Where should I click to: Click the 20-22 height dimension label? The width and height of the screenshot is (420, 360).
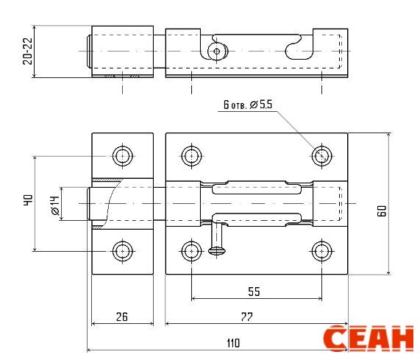(x=28, y=52)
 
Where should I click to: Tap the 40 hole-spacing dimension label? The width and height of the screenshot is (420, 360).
(x=28, y=200)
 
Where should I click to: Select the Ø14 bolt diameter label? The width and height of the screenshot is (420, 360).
(x=55, y=205)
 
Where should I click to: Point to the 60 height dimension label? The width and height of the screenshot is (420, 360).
(x=382, y=211)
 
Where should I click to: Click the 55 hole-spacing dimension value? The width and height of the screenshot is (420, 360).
(x=254, y=292)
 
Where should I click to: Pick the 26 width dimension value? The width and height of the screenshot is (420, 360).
(x=122, y=317)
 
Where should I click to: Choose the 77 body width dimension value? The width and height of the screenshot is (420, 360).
(x=246, y=317)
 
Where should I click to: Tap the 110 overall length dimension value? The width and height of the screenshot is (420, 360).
(x=233, y=343)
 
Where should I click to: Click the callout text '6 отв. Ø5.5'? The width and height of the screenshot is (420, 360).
(x=248, y=105)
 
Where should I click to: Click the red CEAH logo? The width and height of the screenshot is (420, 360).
(x=369, y=338)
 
